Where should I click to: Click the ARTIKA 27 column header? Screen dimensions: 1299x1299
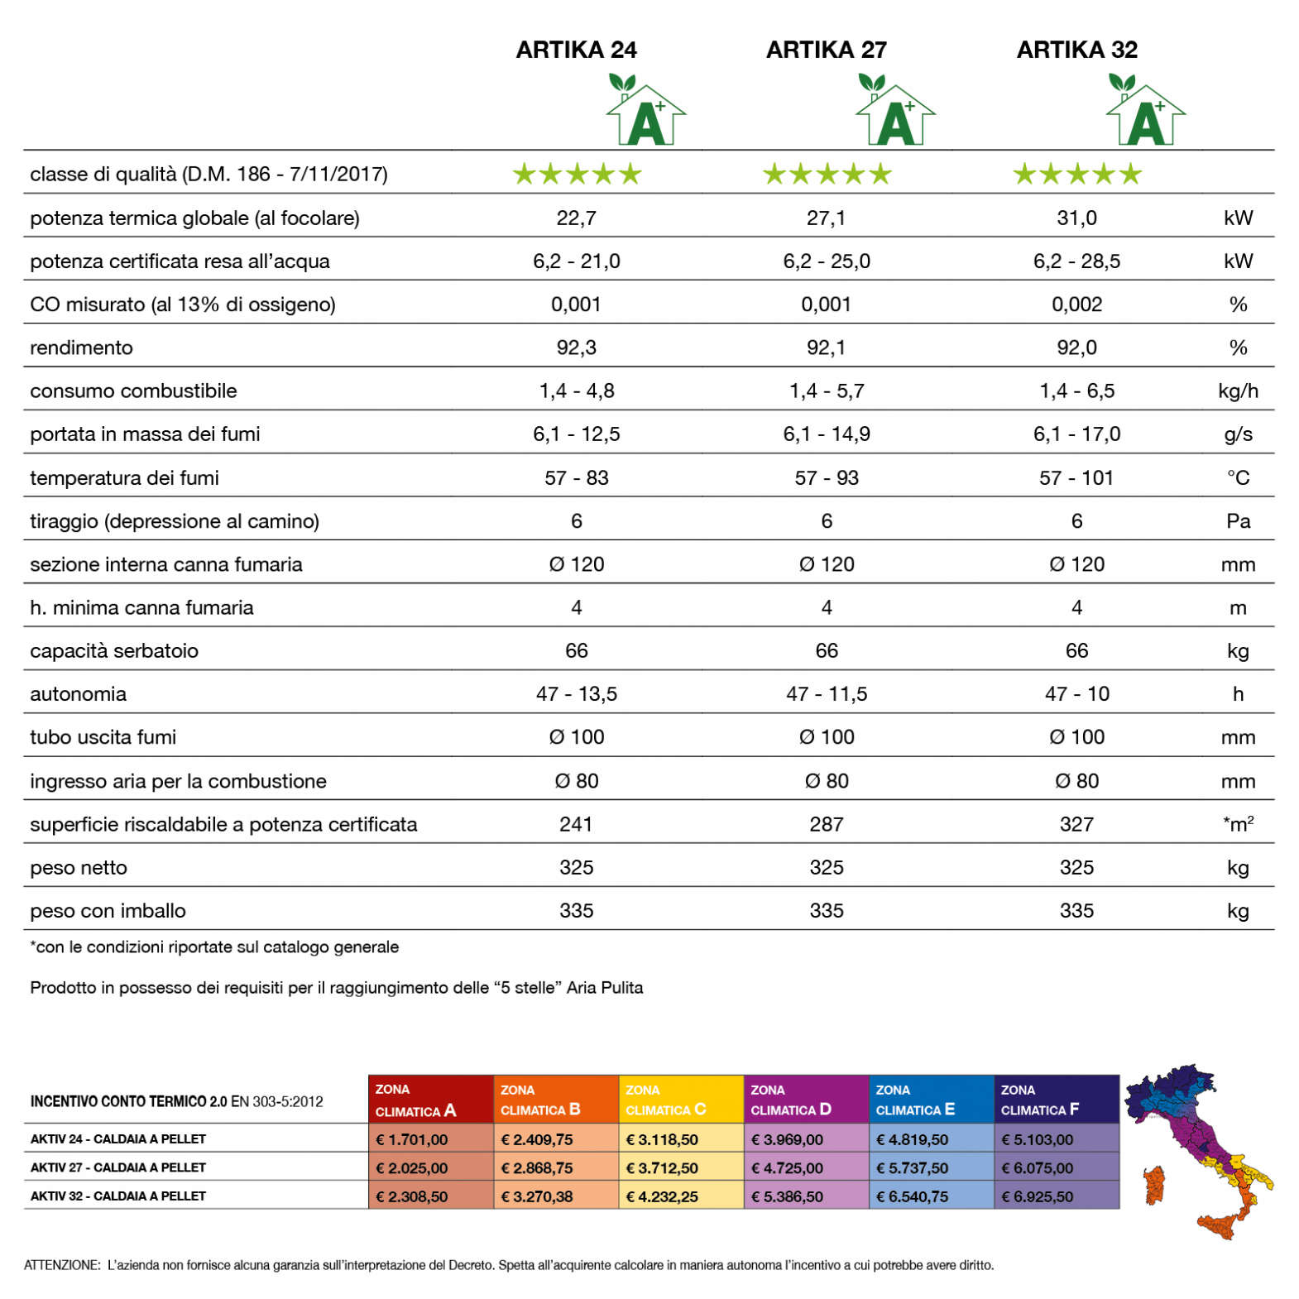[826, 50]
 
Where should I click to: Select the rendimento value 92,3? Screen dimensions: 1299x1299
[576, 348]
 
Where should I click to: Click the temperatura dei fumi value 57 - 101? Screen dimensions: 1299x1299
[1076, 477]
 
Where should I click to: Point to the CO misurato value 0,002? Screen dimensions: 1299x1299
[1076, 304]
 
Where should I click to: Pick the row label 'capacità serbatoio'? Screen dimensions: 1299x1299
[114, 651]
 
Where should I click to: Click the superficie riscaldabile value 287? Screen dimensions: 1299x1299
[826, 824]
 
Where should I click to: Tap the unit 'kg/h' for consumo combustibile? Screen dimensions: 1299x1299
[1237, 391]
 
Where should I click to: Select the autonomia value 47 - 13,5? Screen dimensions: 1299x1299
[576, 694]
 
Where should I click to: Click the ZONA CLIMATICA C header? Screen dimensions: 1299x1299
[680, 1100]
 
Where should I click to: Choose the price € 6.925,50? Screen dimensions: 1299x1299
[1037, 1196]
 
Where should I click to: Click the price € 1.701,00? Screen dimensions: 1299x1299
[411, 1139]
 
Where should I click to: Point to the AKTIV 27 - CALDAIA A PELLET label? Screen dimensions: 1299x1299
[118, 1167]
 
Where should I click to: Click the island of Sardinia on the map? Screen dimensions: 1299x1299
[1153, 1185]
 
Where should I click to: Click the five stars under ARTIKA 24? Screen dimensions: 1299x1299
[577, 175]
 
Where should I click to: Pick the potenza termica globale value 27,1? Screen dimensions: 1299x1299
[826, 218]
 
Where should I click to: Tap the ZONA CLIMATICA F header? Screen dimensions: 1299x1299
[1056, 1100]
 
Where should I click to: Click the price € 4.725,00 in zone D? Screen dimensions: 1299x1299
[786, 1168]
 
